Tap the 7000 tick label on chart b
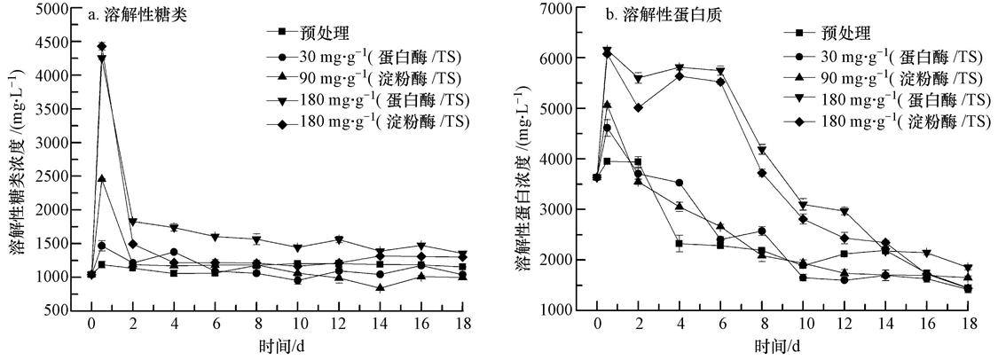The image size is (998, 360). coord(562,8)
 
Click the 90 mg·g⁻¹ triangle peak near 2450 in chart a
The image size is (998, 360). coord(102,178)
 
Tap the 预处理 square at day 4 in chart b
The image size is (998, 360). coord(679,244)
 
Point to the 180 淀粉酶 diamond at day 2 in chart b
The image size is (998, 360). coord(638,107)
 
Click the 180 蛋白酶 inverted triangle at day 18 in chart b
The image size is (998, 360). coord(967,268)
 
